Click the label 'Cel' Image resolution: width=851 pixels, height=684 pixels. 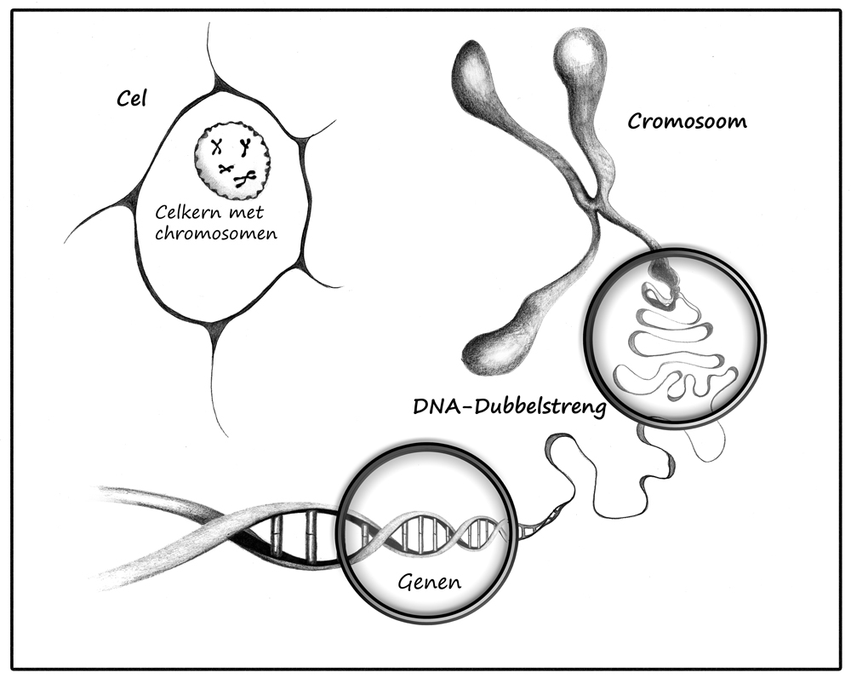pyautogui.click(x=132, y=99)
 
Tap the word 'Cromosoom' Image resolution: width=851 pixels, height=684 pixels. pyautogui.click(x=687, y=121)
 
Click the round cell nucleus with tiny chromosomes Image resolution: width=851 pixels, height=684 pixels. pyautogui.click(x=232, y=162)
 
